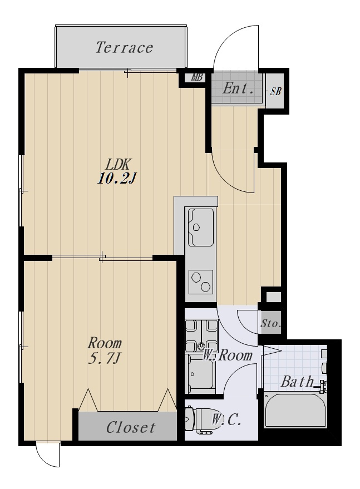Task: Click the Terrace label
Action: [x=124, y=47]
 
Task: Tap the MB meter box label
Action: [x=196, y=77]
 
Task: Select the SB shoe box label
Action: [x=275, y=91]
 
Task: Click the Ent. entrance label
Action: [x=238, y=88]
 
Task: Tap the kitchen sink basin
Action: [x=201, y=227]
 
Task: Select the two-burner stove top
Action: [x=201, y=281]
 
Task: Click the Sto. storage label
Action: [x=270, y=323]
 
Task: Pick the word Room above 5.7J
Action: [x=105, y=343]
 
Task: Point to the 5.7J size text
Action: [x=104, y=359]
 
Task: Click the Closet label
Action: [x=131, y=427]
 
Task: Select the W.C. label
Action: [x=226, y=420]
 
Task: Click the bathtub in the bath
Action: [x=295, y=411]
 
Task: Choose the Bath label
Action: [x=297, y=382]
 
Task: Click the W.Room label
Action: [x=228, y=355]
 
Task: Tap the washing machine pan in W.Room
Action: [x=201, y=335]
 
